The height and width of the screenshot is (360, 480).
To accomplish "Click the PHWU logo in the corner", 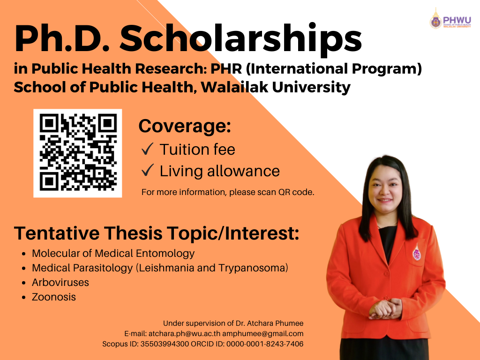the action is coord(450,19).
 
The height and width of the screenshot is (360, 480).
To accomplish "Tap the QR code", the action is coord(78,153).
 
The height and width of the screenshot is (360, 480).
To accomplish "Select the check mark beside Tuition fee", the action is coord(148,149).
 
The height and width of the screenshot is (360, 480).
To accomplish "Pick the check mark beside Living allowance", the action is coord(148,170).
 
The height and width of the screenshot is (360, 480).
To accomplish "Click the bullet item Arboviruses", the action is coord(60,282).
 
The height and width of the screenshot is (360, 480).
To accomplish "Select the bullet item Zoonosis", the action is coord(54,297).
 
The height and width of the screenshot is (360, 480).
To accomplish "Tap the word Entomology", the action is coord(165,254).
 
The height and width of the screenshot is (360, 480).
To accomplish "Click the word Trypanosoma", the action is coord(253,268).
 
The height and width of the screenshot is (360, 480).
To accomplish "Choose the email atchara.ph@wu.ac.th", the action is coord(184,333).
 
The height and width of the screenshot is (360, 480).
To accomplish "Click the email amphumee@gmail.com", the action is coord(262,334).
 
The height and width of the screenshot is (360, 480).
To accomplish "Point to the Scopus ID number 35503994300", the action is coord(165,344).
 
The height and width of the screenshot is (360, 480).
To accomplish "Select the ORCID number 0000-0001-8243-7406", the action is coord(265,344).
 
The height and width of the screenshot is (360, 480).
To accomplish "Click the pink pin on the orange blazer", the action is coord(416,252).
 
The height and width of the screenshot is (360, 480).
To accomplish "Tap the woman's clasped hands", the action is coord(385,309).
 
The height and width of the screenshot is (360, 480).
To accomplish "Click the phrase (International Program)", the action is coord(334,68).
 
